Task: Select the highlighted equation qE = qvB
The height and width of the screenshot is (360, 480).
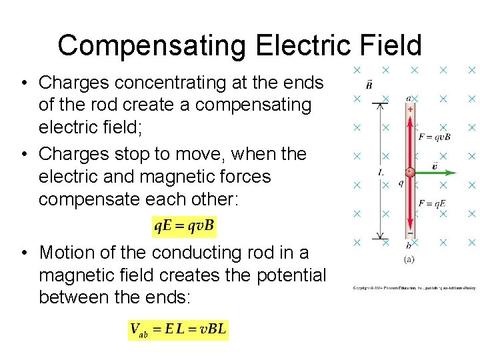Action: [x=184, y=226]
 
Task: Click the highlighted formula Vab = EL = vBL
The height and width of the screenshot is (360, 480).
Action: [x=178, y=329]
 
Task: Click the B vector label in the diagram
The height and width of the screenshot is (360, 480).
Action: [x=369, y=85]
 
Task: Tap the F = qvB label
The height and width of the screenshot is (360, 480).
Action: [x=435, y=137]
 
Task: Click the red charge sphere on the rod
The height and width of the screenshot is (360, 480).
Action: [x=410, y=172]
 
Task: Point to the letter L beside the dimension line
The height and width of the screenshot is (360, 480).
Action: [x=380, y=171]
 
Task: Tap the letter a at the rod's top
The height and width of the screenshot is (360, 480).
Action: [x=409, y=98]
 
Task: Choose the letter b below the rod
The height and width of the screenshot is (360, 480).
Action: [x=409, y=246]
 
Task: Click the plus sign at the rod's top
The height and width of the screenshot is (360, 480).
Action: [x=409, y=108]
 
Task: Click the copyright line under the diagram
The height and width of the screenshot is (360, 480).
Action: [x=414, y=288]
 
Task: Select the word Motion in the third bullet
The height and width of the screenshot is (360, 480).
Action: [x=71, y=253]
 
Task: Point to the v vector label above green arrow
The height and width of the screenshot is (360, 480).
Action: [x=435, y=165]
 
